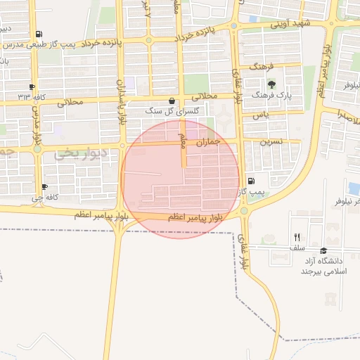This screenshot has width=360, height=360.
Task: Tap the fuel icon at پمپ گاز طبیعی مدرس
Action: click(x=38, y=34)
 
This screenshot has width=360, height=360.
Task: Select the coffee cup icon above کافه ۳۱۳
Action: click(x=32, y=86)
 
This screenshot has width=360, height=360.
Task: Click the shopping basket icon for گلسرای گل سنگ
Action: click(x=172, y=101)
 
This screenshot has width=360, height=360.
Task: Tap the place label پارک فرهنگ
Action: click(x=271, y=94)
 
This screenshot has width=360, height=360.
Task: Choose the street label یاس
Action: click(x=261, y=115)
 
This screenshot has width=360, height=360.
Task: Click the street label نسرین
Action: click(x=271, y=141)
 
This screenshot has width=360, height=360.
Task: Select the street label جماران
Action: click(x=208, y=142)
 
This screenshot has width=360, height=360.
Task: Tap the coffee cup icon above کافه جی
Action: click(x=45, y=187)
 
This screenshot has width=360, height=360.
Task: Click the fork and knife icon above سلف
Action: click(x=297, y=237)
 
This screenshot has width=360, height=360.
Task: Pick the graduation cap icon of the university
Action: click(x=323, y=250)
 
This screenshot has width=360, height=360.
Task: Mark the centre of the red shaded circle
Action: click(x=180, y=179)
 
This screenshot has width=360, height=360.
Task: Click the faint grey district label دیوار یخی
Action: click(x=84, y=152)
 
